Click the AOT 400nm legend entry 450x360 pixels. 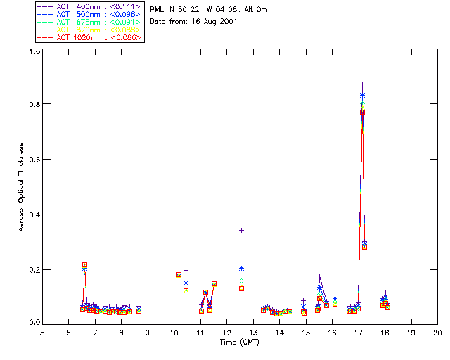click(89, 7)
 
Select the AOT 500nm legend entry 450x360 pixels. click(89, 15)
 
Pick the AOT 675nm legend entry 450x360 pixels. click(89, 22)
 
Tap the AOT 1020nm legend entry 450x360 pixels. click(89, 37)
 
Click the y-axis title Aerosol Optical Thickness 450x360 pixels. click(21, 187)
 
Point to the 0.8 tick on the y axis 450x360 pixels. click(33, 104)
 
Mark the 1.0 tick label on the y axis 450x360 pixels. click(33, 51)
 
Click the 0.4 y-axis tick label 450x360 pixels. click(33, 214)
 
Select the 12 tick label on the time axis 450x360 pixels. click(226, 333)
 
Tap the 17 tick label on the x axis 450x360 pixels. click(359, 333)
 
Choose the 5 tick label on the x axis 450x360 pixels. click(42, 333)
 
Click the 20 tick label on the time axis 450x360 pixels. click(437, 333)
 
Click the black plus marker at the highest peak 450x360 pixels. click(363, 84)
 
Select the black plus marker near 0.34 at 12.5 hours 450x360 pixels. click(241, 230)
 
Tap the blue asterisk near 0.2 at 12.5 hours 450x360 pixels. click(241, 268)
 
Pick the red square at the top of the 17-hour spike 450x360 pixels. click(363, 112)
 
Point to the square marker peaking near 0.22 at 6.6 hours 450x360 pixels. click(84, 265)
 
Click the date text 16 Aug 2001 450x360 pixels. click(213, 22)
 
